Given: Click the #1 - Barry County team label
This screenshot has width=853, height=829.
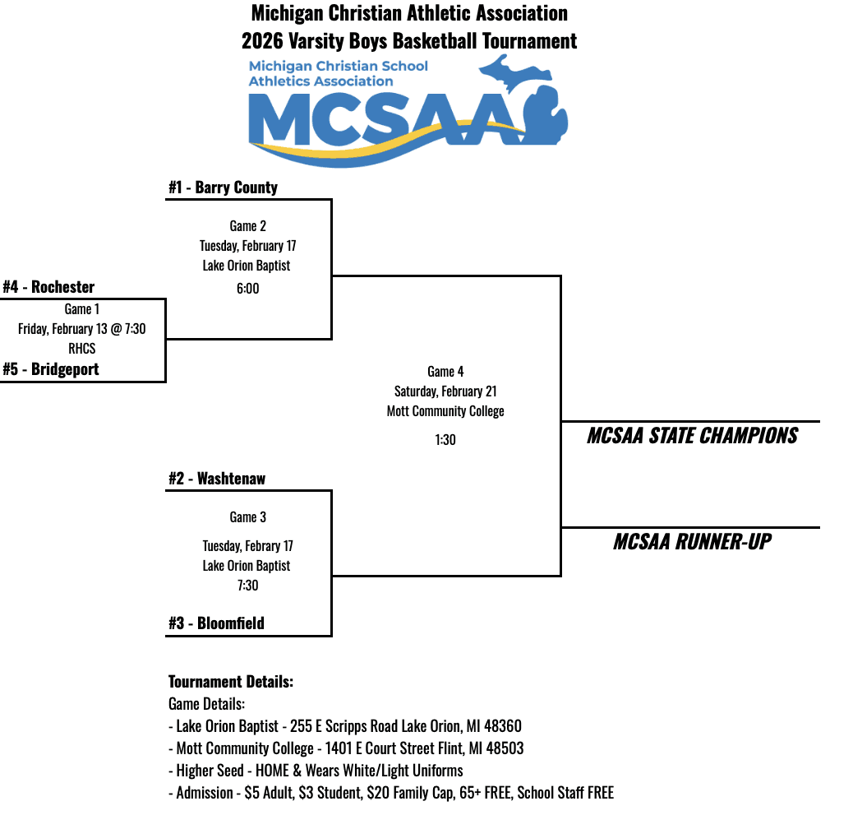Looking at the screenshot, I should tap(223, 188).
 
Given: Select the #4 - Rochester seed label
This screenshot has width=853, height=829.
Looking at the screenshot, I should tap(48, 287).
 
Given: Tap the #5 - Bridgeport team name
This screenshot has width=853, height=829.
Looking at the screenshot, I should tap(50, 369).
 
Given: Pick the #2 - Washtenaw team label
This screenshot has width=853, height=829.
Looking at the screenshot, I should tap(217, 479).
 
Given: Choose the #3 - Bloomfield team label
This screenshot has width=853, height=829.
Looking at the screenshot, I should tap(216, 623).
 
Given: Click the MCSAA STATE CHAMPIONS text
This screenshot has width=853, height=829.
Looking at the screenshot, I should tap(692, 436).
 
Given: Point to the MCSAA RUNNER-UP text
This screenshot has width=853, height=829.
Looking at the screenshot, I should tap(692, 542).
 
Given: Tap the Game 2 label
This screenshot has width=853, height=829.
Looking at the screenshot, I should tap(247, 226).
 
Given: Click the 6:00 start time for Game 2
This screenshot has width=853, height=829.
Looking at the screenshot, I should tap(247, 289).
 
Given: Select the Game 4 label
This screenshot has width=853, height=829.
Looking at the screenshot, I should tap(445, 372).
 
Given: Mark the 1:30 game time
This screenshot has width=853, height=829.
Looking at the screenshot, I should tap(445, 440).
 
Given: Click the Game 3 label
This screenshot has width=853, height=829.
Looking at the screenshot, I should tap(247, 517).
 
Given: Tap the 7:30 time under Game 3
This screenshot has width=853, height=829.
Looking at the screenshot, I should tap(247, 586).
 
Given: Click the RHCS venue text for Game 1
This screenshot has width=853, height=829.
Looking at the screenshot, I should tap(82, 349).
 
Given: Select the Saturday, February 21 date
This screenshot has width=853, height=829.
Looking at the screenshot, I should tap(445, 391).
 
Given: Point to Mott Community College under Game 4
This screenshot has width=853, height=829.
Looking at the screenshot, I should tap(445, 411).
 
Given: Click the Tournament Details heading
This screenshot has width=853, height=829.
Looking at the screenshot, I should tap(231, 682).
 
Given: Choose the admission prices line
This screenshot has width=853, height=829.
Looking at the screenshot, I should tap(391, 793).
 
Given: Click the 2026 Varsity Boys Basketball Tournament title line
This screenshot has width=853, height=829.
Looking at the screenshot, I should tap(409, 40).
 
